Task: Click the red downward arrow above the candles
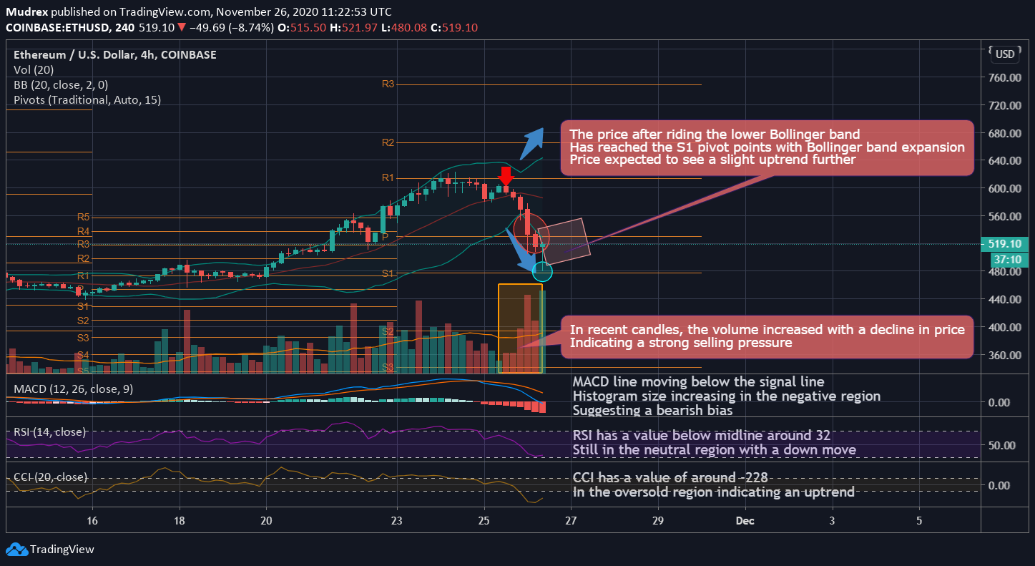click(x=506, y=177)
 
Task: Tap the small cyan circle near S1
click(x=543, y=271)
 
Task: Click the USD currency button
click(x=1005, y=54)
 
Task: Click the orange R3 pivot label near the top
click(x=388, y=84)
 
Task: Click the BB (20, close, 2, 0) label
click(x=61, y=84)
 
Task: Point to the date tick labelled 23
click(x=397, y=520)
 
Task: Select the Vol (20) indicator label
click(x=34, y=69)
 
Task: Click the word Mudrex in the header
click(x=27, y=12)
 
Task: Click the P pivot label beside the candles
click(x=385, y=236)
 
